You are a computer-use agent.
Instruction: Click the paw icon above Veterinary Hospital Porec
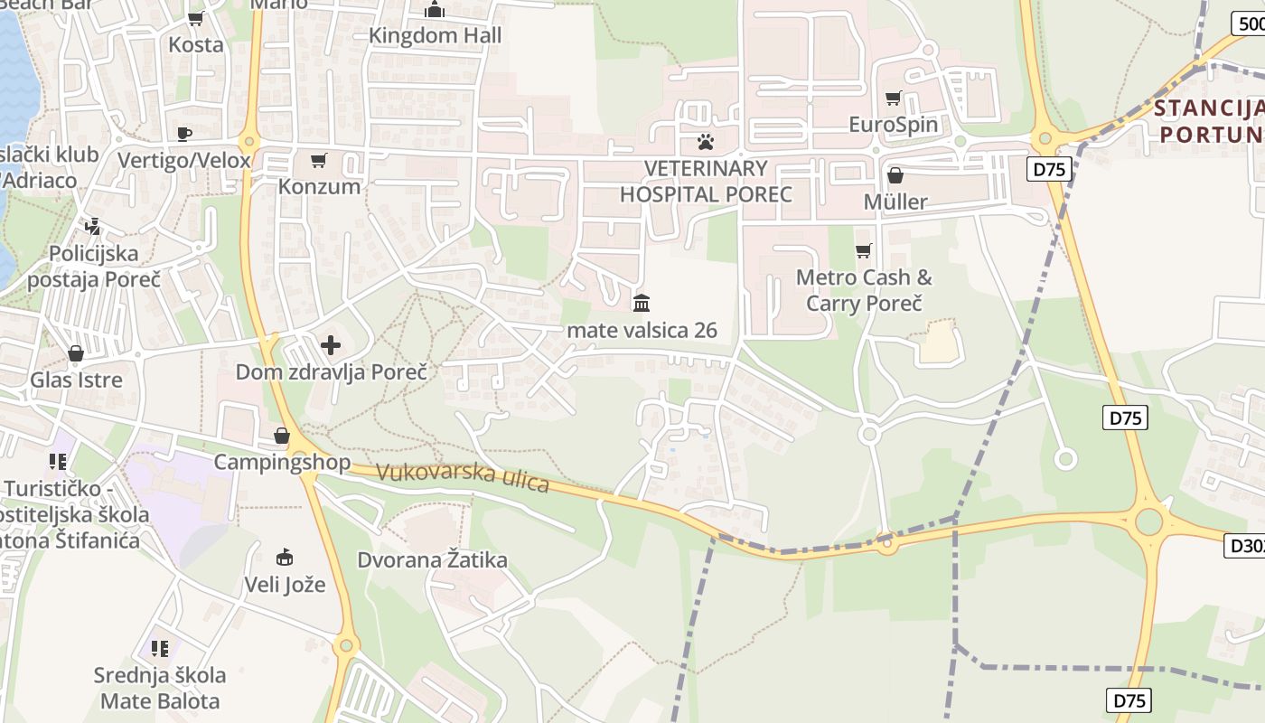coord(705,142)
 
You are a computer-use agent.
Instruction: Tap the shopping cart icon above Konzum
coord(318,161)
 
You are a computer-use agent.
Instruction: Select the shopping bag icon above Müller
coord(895,175)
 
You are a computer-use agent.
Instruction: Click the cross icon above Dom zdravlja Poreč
coord(331,345)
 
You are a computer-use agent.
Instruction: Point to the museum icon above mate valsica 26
coord(642,303)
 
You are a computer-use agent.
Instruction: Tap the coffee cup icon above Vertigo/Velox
coord(184,135)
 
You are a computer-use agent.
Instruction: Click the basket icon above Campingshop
coord(282,437)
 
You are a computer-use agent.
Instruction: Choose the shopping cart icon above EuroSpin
coord(894,98)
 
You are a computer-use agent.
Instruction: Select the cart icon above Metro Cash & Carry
coord(863,250)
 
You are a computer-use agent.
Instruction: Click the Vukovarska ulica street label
coord(462,476)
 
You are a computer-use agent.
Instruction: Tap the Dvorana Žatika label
coord(432,560)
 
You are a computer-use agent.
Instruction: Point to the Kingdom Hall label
coord(436,36)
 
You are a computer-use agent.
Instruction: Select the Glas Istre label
coord(77,380)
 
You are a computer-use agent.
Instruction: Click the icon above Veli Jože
coord(285,556)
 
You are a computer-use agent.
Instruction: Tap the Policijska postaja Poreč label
coord(93,266)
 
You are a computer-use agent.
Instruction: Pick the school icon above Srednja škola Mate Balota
coord(160,649)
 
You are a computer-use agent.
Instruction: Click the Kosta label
coord(196,44)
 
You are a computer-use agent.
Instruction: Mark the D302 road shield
coord(1245,545)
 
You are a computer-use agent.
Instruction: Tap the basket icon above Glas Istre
coord(76,353)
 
